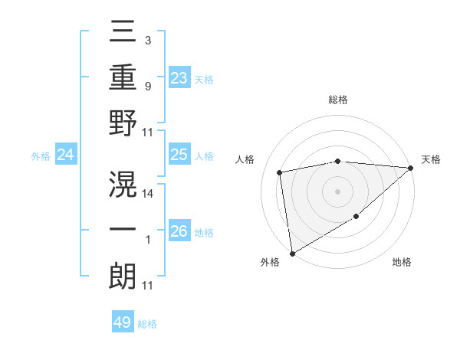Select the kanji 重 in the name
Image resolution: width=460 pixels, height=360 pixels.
pyautogui.click(x=123, y=79)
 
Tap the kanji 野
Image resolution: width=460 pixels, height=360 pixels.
pyautogui.click(x=123, y=123)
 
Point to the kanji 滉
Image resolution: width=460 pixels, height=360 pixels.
pyautogui.click(x=123, y=182)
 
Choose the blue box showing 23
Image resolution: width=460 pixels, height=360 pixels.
pyautogui.click(x=179, y=77)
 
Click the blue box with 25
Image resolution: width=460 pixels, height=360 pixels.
pyautogui.click(x=179, y=155)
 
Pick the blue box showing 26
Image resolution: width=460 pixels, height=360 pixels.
pyautogui.click(x=179, y=231)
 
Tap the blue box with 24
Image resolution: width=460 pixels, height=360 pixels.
pyautogui.click(x=66, y=155)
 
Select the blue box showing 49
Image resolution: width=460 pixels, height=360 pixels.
pyautogui.click(x=123, y=322)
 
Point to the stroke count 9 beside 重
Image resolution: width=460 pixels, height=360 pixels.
pyautogui.click(x=147, y=87)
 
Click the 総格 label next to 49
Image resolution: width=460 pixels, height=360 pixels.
pyautogui.click(x=147, y=324)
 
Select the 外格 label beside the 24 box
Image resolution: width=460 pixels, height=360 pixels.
pyautogui.click(x=41, y=156)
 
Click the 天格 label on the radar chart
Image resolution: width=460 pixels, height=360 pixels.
pyautogui.click(x=431, y=159)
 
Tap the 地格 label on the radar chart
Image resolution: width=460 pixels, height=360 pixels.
pyautogui.click(x=402, y=262)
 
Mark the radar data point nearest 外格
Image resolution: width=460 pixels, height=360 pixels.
pyautogui.click(x=292, y=253)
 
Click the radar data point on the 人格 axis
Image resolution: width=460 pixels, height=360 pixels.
pyautogui.click(x=281, y=172)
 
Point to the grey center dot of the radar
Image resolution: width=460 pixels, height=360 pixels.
pyautogui.click(x=337, y=191)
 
